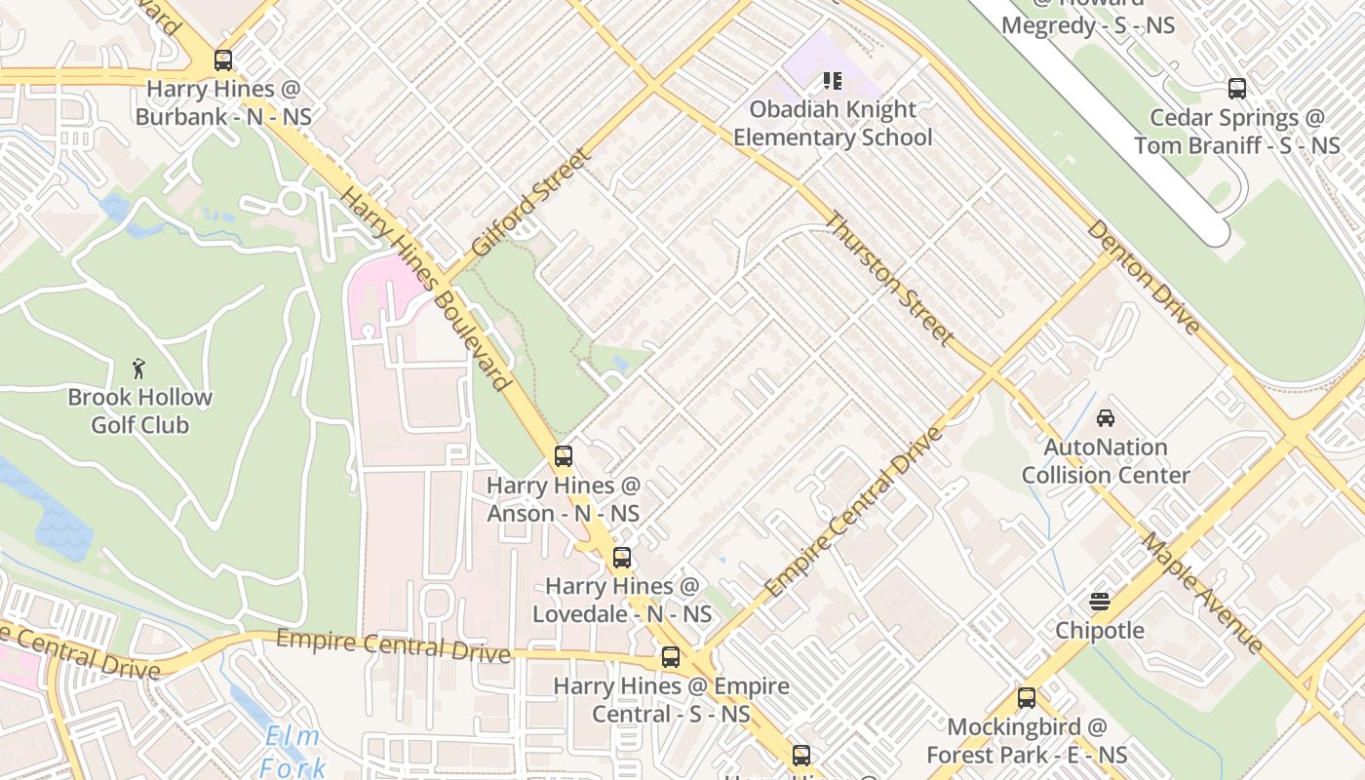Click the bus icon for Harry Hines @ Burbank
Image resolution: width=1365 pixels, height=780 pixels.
(223, 60)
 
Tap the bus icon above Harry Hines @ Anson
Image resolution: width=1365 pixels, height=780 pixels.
(564, 455)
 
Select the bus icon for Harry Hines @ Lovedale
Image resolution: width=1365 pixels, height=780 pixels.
(621, 558)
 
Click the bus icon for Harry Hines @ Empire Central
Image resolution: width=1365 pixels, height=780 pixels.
(670, 657)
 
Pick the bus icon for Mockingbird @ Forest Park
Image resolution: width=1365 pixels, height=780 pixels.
(1027, 698)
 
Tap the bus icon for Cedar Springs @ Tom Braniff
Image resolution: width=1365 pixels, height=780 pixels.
(1237, 89)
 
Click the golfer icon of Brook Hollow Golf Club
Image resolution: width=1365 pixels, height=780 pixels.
(139, 369)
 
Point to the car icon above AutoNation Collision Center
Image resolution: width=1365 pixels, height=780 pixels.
(1106, 418)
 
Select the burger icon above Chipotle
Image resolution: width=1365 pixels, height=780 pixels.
(1100, 601)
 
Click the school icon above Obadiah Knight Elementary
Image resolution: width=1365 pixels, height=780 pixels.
(832, 80)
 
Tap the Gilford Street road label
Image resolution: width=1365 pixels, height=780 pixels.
(530, 203)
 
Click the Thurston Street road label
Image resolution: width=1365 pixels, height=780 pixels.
(889, 279)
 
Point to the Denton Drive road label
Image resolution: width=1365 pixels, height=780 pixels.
(1144, 277)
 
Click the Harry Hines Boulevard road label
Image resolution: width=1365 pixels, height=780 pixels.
(426, 289)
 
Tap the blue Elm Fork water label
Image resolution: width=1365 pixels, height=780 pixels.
(292, 752)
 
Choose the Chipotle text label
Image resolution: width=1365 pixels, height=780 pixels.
(1100, 631)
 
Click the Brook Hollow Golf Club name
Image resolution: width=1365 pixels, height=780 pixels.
(139, 411)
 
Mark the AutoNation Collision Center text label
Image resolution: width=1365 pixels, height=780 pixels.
(1106, 461)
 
